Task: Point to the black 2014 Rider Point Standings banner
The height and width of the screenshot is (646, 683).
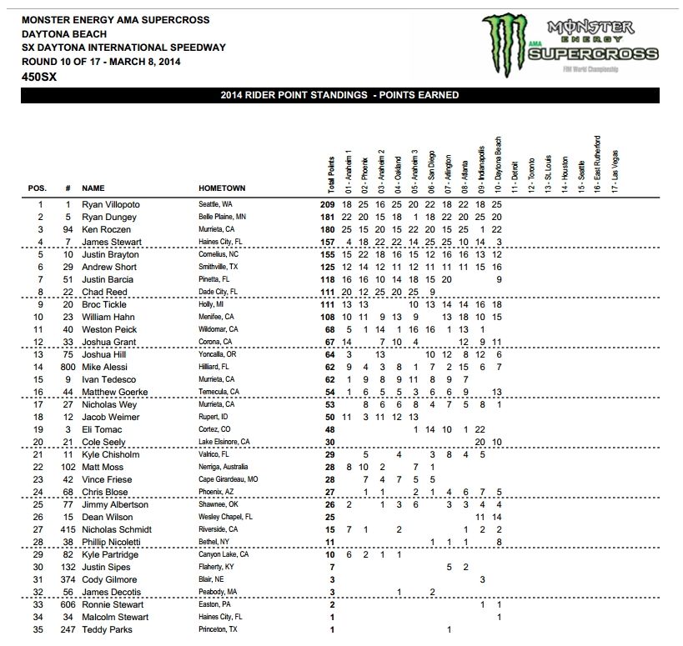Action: [x=341, y=96]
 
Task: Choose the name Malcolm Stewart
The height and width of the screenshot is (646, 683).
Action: [x=115, y=617]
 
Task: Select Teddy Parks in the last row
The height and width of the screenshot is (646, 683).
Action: [x=107, y=629]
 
